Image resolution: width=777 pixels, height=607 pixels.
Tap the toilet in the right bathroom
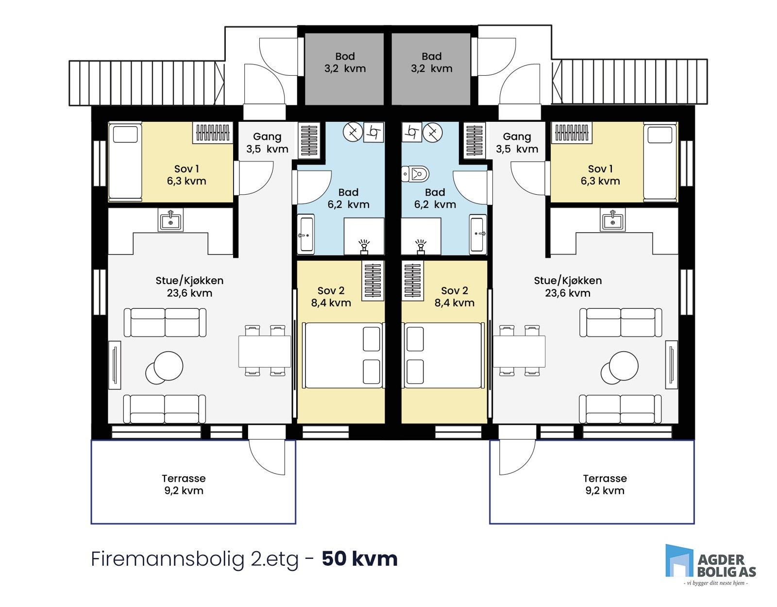click(417, 173)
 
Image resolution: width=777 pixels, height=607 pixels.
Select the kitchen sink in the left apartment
click(170, 220)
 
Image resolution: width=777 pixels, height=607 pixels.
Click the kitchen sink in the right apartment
click(612, 220)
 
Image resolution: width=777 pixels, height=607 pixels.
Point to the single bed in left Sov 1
click(125, 162)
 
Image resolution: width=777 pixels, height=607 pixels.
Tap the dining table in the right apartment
click(519, 351)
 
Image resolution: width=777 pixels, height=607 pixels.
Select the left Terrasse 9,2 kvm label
click(184, 484)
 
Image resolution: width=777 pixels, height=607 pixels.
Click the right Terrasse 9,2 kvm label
click(605, 484)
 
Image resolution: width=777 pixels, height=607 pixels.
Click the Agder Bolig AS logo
click(710, 563)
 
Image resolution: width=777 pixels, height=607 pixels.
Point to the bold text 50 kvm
click(359, 559)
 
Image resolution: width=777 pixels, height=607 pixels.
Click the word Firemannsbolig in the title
click(168, 559)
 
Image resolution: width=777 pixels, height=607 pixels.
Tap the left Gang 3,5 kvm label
click(267, 143)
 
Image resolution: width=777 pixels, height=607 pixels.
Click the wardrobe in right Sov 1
click(573, 132)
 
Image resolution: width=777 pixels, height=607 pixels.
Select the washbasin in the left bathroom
click(306, 235)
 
